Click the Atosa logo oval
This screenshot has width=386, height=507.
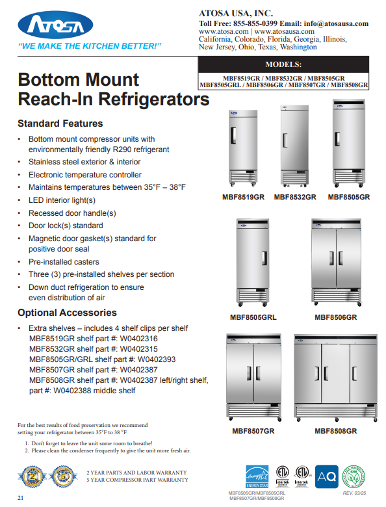point(50,26)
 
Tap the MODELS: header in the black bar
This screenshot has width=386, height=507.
point(283,64)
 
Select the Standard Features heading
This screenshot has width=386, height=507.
point(60,123)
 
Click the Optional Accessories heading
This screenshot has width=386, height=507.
point(67,313)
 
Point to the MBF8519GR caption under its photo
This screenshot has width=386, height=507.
point(243,197)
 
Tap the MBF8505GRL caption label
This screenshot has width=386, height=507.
point(253,317)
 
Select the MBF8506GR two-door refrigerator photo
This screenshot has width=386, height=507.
point(336,263)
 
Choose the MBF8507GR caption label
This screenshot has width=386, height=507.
point(253,431)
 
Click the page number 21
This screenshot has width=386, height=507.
point(21,498)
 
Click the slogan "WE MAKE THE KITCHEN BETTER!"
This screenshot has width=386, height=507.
point(90,47)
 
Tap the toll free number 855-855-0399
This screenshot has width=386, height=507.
point(251,23)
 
